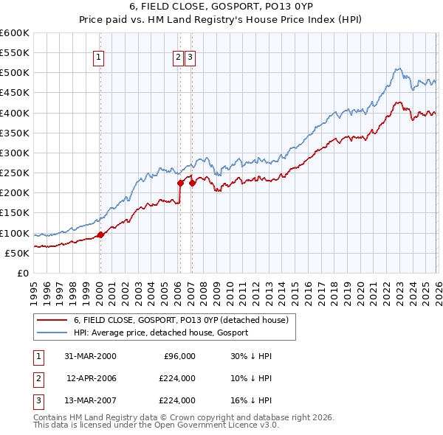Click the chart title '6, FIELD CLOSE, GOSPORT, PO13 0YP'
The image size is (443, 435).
click(x=221, y=8)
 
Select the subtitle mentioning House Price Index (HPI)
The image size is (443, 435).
click(x=221, y=21)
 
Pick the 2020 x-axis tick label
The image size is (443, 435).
click(x=360, y=288)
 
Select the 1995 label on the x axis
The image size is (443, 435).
click(x=34, y=288)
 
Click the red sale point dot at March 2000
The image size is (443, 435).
click(x=100, y=235)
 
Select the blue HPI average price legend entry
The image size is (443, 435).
click(x=161, y=333)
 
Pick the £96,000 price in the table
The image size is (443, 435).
click(x=178, y=356)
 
